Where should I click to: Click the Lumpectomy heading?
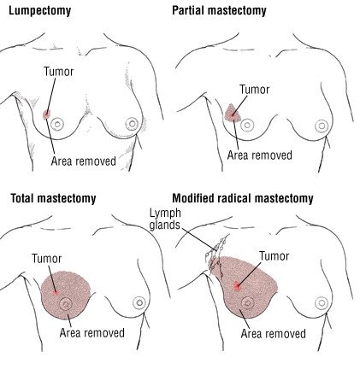coord(39,11)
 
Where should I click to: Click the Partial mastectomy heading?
coord(219,11)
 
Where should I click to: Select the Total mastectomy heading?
coord(53,198)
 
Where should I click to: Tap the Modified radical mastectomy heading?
coord(243,198)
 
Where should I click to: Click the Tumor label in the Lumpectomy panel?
coord(59,72)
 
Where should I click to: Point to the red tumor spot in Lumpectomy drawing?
coord(46,114)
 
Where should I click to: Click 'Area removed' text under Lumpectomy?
coord(84,161)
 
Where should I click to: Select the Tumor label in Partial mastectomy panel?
coord(254,90)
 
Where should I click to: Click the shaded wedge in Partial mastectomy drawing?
coord(233,113)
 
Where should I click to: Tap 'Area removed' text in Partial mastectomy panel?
coord(260,155)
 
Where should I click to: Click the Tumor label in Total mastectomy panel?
coord(47,259)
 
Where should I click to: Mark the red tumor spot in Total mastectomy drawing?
coord(56,292)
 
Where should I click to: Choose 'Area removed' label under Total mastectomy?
coord(92,332)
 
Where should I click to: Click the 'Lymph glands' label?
coord(165,219)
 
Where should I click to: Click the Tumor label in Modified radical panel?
coord(274,256)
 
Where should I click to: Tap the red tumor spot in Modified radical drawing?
coord(237,285)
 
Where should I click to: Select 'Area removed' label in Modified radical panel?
coord(274,333)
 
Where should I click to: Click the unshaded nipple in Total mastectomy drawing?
coord(139,302)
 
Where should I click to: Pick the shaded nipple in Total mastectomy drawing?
coord(66,304)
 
